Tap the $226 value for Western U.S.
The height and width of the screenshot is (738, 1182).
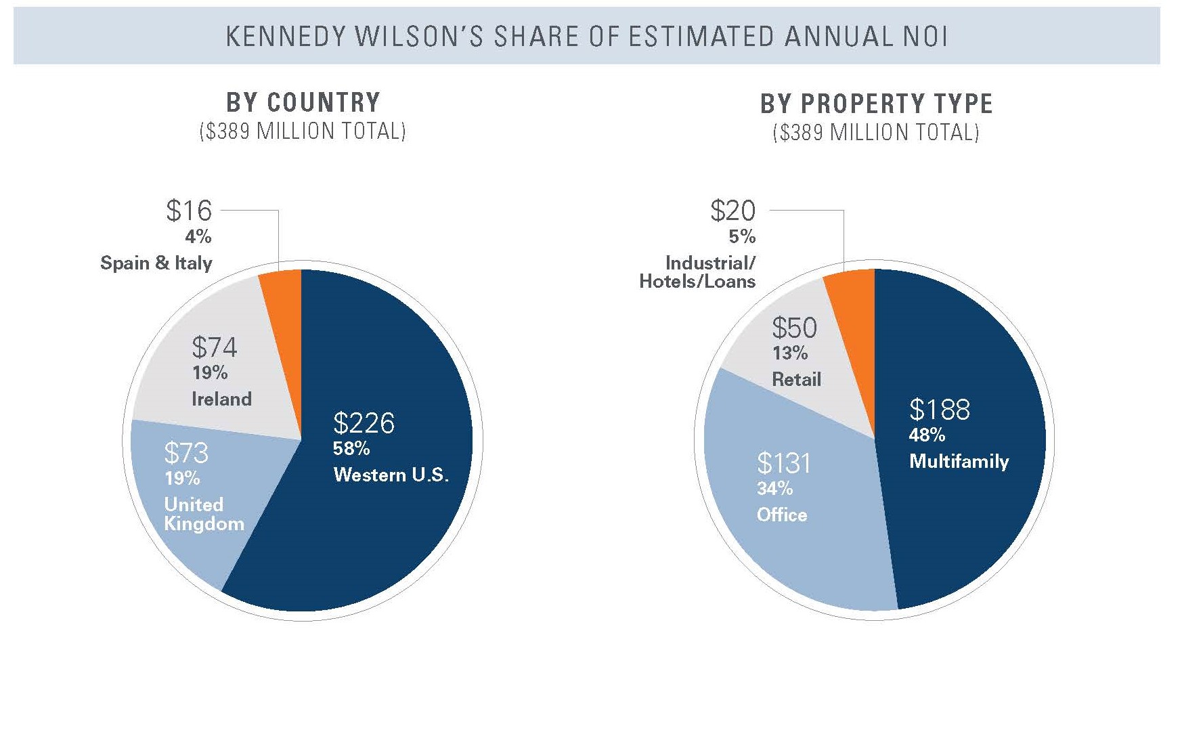[x=364, y=423]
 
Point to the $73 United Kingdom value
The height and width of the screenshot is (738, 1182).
[x=186, y=452]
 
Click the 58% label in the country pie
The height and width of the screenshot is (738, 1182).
[x=351, y=448]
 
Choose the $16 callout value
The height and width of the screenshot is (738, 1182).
[x=189, y=211]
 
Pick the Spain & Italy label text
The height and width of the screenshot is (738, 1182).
[x=156, y=263]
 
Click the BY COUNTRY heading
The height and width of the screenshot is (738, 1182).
[x=303, y=103]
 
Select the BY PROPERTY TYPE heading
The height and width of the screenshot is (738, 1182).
[x=877, y=104]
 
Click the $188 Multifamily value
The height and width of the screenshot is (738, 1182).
[x=940, y=409]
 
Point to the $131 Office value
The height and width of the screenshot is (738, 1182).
[x=783, y=463]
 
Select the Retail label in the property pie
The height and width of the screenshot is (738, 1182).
[x=796, y=379]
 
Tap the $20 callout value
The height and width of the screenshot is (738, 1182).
[x=732, y=211]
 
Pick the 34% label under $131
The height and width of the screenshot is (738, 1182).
[x=774, y=488]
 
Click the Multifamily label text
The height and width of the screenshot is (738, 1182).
[x=959, y=461]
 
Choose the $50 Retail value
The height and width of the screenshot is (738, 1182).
[x=794, y=328]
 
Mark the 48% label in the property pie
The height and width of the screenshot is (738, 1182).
[x=926, y=435]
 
